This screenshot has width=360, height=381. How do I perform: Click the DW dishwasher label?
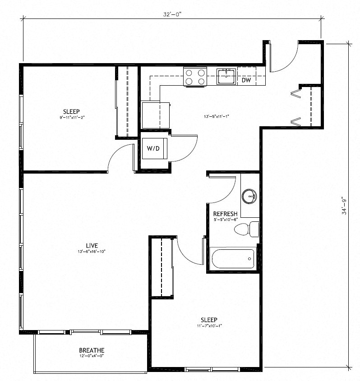[246, 81]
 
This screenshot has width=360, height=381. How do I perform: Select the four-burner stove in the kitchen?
[195, 77]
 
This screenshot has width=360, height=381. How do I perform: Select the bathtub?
[233, 259]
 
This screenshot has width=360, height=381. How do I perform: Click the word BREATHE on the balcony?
[92, 350]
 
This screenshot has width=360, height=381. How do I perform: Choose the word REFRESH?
[225, 214]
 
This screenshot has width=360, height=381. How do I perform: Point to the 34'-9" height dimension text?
[344, 205]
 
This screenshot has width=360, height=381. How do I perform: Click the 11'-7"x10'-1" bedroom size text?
[209, 326]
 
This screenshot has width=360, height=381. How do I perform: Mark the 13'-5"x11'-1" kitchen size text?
[217, 117]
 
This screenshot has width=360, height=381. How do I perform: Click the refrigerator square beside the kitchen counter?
[155, 115]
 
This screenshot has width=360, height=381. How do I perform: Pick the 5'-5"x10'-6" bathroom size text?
[225, 220]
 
